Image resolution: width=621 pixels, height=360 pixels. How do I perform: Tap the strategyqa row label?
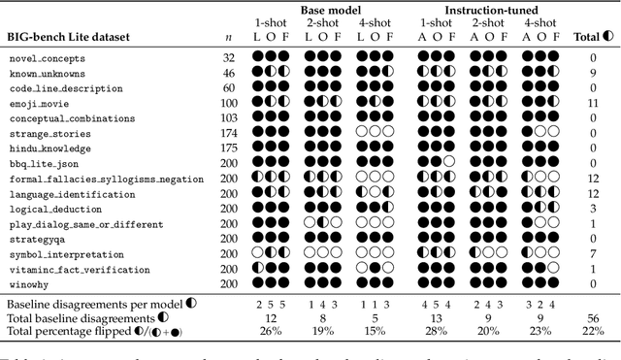click(x=33, y=239)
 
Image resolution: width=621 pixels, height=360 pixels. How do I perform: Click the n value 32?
click(x=228, y=58)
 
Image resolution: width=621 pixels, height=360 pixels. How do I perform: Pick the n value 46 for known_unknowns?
click(x=228, y=73)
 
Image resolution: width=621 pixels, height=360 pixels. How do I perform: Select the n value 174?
click(x=228, y=133)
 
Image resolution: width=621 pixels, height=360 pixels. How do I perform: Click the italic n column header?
click(x=228, y=37)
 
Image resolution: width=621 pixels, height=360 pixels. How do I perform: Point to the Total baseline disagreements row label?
click(x=82, y=317)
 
